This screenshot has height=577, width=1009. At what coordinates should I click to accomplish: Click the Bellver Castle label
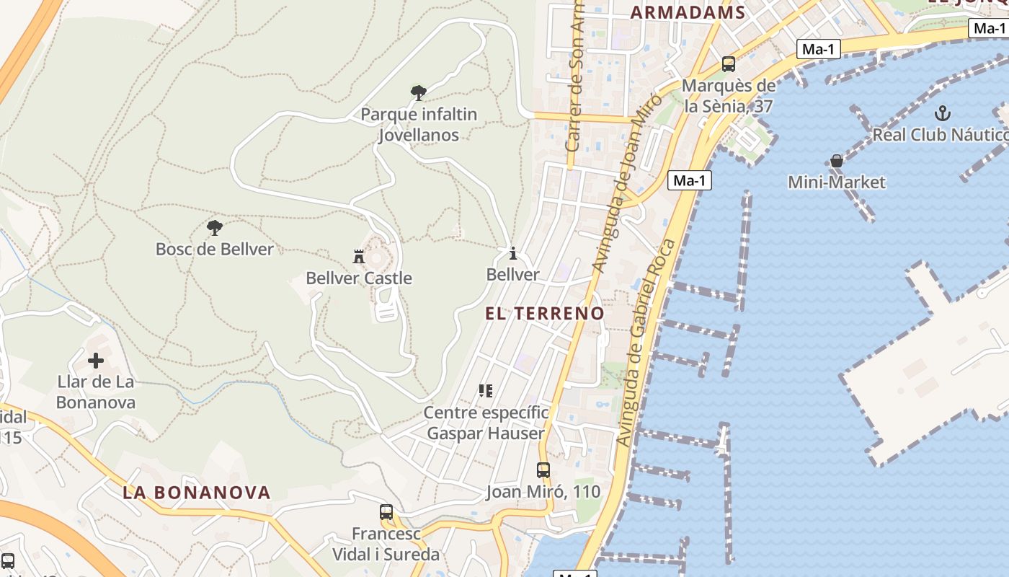click(x=359, y=278)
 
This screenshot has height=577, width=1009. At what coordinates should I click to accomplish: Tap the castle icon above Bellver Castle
click(x=359, y=256)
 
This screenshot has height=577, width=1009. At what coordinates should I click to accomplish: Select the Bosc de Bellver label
click(x=215, y=250)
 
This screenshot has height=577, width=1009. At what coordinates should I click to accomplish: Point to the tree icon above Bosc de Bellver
click(x=215, y=228)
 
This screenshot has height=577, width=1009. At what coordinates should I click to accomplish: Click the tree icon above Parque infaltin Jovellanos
click(x=418, y=92)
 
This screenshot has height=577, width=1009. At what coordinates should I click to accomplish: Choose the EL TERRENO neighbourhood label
click(x=545, y=314)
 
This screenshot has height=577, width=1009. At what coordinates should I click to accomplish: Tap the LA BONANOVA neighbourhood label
click(x=197, y=493)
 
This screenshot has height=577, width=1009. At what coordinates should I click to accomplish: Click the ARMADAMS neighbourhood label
click(x=688, y=12)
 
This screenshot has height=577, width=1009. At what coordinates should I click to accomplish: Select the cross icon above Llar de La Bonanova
click(x=96, y=360)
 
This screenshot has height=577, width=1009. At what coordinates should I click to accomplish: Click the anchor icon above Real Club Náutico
click(x=942, y=113)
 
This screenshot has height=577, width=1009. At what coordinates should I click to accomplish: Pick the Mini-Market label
click(x=836, y=182)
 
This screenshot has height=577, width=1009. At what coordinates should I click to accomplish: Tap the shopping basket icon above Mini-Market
click(x=836, y=161)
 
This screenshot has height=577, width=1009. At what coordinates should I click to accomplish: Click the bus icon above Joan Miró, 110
click(x=543, y=470)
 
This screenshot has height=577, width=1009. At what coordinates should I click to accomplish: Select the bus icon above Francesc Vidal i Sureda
click(x=386, y=512)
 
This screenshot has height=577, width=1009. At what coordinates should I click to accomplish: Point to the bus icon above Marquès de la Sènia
click(x=729, y=64)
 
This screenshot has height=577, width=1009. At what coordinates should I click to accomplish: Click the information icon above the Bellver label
click(x=512, y=253)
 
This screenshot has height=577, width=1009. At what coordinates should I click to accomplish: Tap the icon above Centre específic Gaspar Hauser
click(x=486, y=391)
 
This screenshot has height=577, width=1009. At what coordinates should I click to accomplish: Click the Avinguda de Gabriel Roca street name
click(x=646, y=343)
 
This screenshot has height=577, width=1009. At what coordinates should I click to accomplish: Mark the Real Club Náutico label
click(x=940, y=135)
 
